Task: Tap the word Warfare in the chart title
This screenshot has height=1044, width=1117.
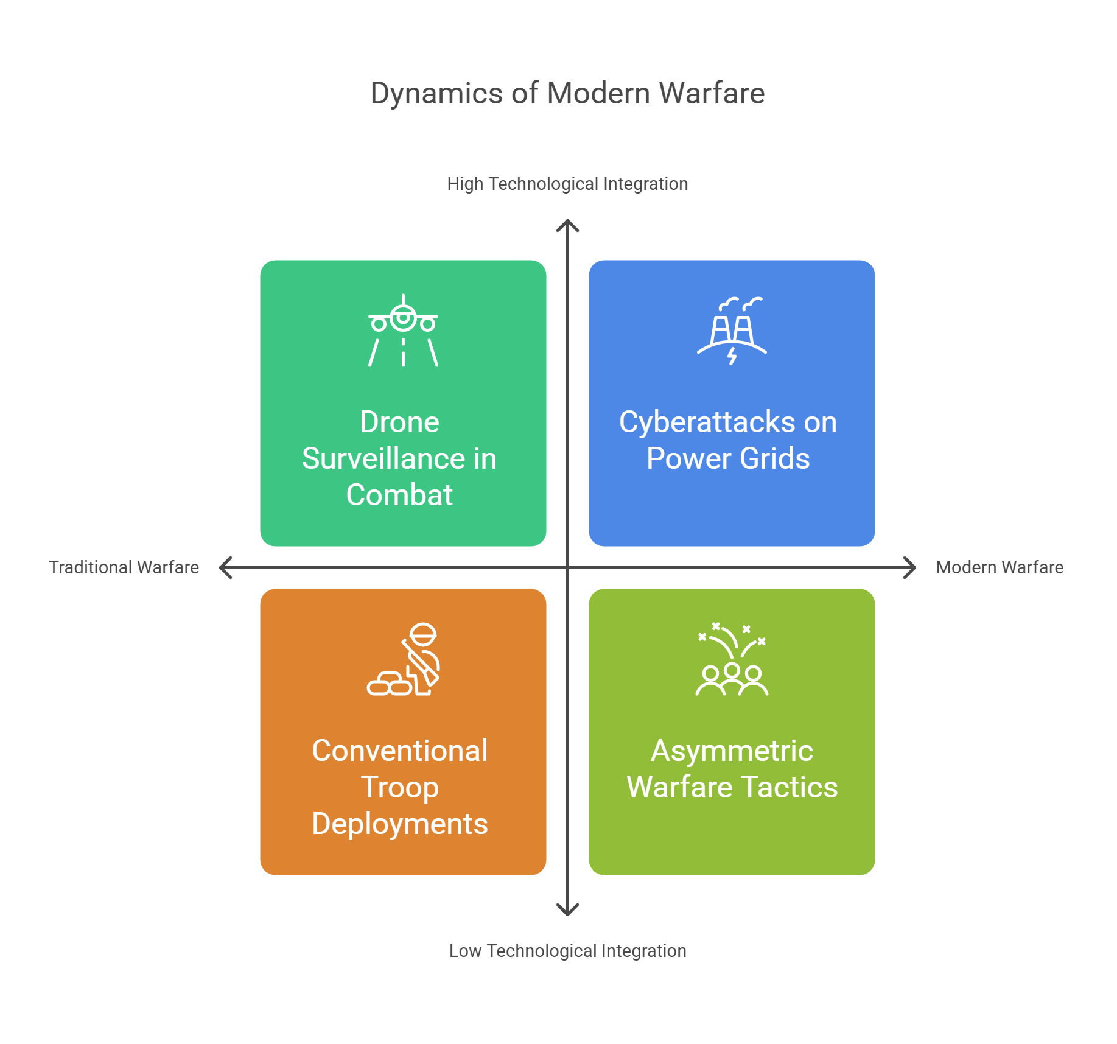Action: coord(712,94)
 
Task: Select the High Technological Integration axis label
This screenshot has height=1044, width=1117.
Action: coord(567,184)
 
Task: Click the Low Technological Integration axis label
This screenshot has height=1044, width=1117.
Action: coord(567,951)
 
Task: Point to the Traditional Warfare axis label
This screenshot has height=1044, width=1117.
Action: coord(124,567)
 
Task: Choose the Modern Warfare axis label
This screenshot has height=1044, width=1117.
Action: coord(1000,567)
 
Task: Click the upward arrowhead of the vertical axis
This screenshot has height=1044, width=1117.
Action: coord(567,225)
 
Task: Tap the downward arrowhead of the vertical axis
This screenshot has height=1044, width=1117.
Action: coord(567,910)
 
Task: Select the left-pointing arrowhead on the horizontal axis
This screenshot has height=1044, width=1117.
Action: coord(225,567)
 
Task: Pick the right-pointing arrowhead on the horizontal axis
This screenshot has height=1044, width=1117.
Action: coord(911,567)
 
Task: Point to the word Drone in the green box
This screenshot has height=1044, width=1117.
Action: coord(399,422)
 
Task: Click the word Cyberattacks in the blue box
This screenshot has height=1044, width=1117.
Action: coord(707,422)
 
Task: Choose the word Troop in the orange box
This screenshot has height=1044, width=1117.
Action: coord(399,788)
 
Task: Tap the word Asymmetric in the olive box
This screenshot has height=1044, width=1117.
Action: coord(732,751)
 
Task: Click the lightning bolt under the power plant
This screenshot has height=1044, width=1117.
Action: coord(732,356)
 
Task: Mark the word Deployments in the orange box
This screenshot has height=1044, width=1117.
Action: coord(399,824)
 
